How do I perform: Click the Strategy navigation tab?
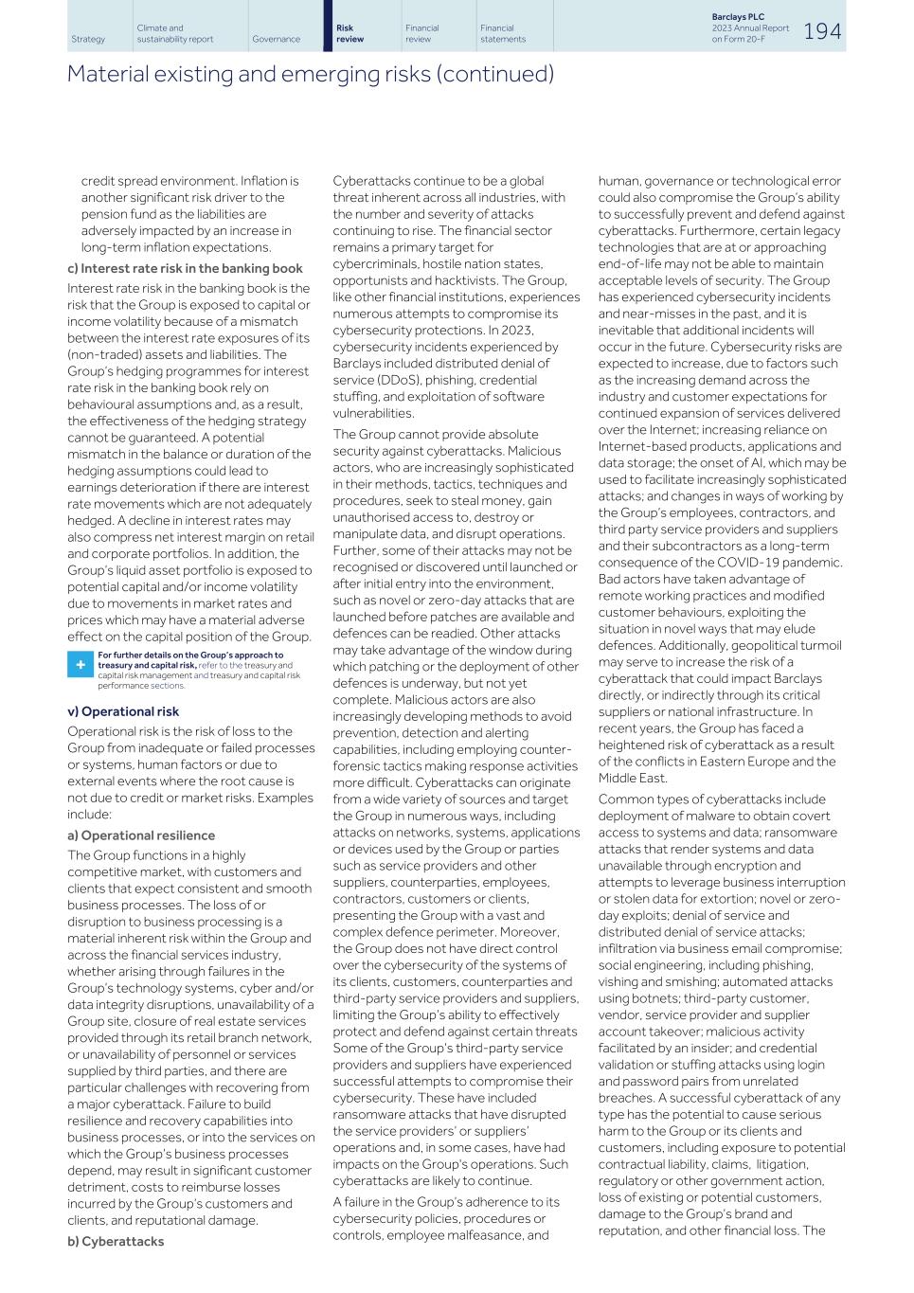[x=88, y=39]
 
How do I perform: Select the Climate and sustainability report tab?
[x=174, y=34]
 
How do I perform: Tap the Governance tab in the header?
[x=276, y=39]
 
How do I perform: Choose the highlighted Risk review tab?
[x=349, y=34]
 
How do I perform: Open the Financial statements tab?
[x=502, y=34]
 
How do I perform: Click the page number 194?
[x=821, y=31]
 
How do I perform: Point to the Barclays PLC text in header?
[x=737, y=17]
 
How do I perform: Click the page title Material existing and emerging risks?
[x=310, y=74]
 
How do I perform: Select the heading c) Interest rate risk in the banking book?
[x=185, y=268]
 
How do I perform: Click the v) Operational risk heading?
[x=122, y=711]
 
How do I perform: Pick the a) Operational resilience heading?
[x=140, y=835]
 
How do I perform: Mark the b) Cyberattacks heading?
[x=115, y=1241]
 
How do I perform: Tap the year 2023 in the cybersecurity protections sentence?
[x=515, y=331]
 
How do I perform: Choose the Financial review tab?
[x=421, y=34]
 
